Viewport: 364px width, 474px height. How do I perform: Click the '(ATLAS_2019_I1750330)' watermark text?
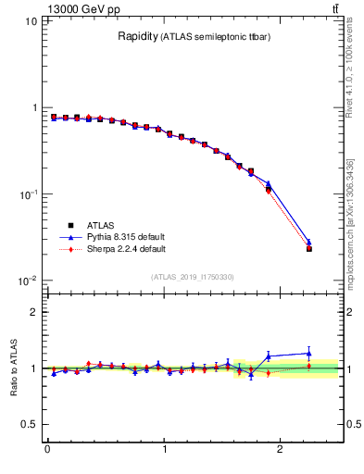190,276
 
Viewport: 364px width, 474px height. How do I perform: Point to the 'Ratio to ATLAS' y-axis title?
12,368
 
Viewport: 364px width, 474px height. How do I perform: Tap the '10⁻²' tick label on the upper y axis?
29,281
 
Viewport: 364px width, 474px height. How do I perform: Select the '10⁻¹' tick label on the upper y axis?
29,194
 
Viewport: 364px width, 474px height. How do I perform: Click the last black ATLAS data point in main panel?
309,249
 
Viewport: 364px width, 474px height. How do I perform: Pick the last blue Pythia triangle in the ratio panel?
309,353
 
